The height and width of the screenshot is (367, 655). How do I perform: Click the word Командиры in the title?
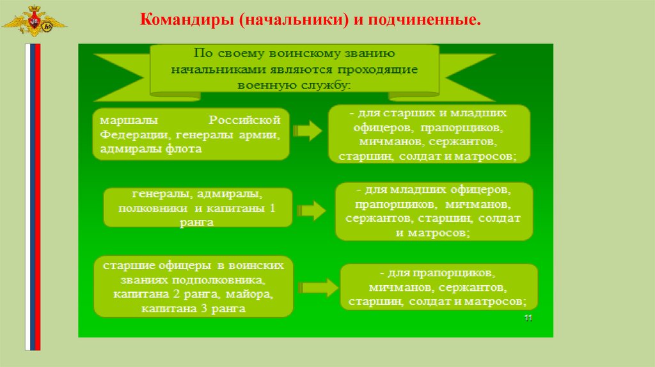pyautogui.click(x=187, y=22)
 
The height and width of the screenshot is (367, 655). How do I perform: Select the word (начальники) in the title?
pyautogui.click(x=294, y=22)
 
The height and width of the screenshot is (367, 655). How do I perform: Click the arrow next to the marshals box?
pyautogui.click(x=308, y=132)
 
